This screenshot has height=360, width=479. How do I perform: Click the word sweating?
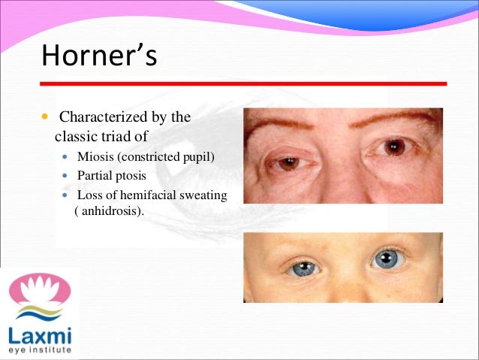204,195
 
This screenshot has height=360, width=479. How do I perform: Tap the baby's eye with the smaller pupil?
303,268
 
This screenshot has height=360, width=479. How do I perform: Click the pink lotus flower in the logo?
38,289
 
